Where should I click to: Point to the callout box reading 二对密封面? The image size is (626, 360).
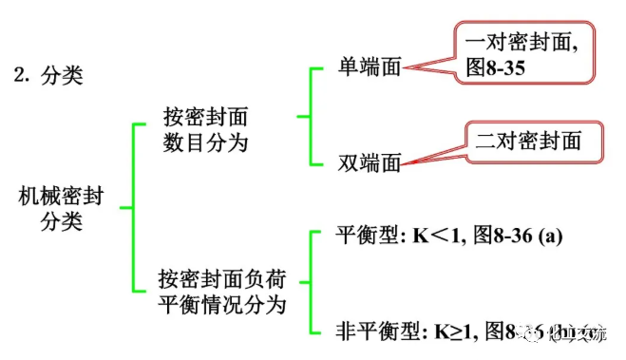tap(535, 141)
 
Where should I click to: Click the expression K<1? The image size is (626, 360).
tap(445, 236)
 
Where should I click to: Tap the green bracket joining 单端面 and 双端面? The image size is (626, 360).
tap(304, 116)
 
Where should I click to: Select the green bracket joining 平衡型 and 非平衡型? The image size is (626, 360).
tap(304, 282)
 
